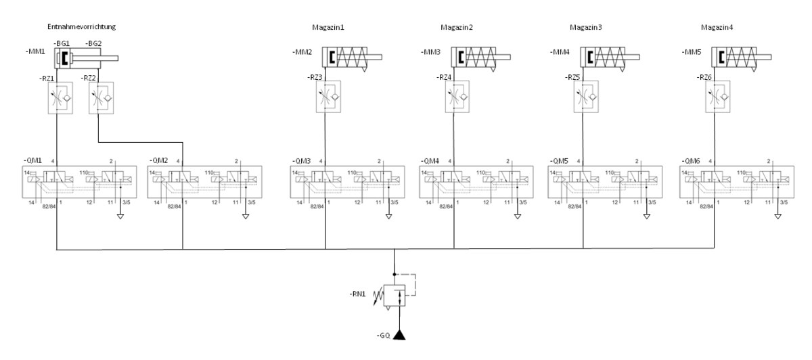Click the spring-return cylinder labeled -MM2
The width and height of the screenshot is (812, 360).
tap(348, 58)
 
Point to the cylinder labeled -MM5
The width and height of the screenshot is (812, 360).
tap(738, 58)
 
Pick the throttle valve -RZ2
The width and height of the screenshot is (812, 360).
tap(99, 98)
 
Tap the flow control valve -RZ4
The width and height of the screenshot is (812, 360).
tap(456, 98)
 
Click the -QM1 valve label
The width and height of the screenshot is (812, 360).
tap(33, 160)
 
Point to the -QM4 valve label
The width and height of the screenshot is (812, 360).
tap(430, 160)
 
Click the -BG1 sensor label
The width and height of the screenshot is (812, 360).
tap(62, 43)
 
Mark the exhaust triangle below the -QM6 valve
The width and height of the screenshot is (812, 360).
tap(777, 217)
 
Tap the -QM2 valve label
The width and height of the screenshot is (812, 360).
tap(160, 160)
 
